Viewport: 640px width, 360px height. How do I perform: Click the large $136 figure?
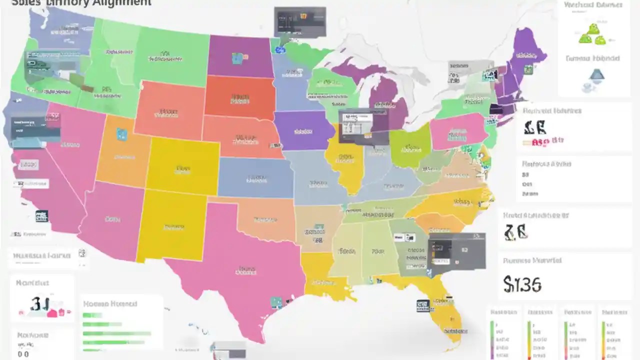point(522,284)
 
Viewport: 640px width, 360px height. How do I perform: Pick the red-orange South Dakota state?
point(239,97)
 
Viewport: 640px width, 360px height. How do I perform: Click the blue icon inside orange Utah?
point(121,133)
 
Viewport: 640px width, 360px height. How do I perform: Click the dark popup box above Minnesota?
point(299,22)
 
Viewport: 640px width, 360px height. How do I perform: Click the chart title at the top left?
point(80,3)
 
